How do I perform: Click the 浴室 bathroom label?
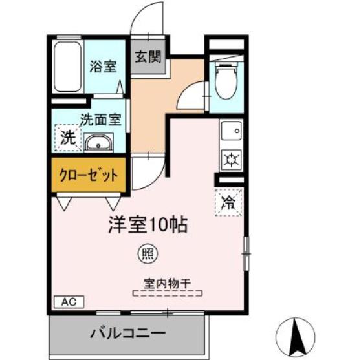pyautogui.click(x=103, y=67)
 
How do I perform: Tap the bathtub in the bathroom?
pyautogui.click(x=67, y=67)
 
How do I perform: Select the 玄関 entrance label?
pyautogui.click(x=148, y=57)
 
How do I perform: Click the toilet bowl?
pyautogui.click(x=226, y=80)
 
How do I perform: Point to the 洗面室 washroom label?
pyautogui.click(x=101, y=120)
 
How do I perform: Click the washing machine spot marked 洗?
pyautogui.click(x=68, y=138)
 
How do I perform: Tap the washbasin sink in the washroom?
pyautogui.click(x=98, y=143)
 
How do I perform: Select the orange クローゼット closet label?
pyautogui.click(x=89, y=175)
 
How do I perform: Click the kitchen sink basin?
pyautogui.click(x=231, y=131)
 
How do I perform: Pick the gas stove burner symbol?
pyautogui.click(x=232, y=159)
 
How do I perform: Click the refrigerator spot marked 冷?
pyautogui.click(x=228, y=202)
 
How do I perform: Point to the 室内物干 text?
pyautogui.click(x=168, y=284)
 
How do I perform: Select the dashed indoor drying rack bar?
pyautogui.click(x=168, y=293)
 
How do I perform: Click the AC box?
pyautogui.click(x=69, y=302)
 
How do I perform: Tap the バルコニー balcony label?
pyautogui.click(x=127, y=333)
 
